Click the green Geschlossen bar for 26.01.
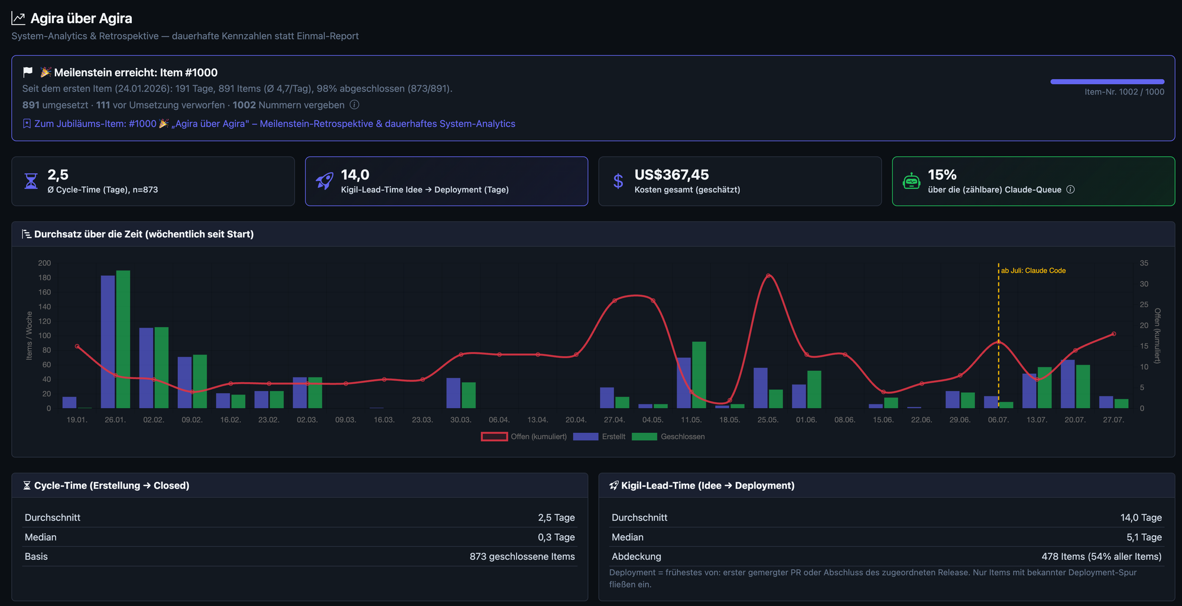[x=123, y=339]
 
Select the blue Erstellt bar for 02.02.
[x=146, y=368]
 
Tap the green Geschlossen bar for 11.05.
[x=699, y=375]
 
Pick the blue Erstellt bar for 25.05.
[x=761, y=388]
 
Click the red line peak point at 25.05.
[x=768, y=276]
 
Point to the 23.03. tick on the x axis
[x=422, y=420]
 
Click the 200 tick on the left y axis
[x=44, y=263]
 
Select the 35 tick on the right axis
[x=1144, y=263]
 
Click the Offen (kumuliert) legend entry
[x=524, y=436]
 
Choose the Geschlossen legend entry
[x=668, y=436]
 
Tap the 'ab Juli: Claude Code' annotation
[x=1033, y=271]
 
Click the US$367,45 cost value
[x=671, y=175]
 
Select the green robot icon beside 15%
[x=911, y=181]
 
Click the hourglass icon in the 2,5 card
[x=31, y=181]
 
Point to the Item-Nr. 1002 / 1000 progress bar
[x=1107, y=82]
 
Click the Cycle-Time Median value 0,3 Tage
[x=556, y=537]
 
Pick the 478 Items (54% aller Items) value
[x=1102, y=556]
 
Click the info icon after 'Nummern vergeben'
[x=354, y=105]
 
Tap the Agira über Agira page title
[x=82, y=18]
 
